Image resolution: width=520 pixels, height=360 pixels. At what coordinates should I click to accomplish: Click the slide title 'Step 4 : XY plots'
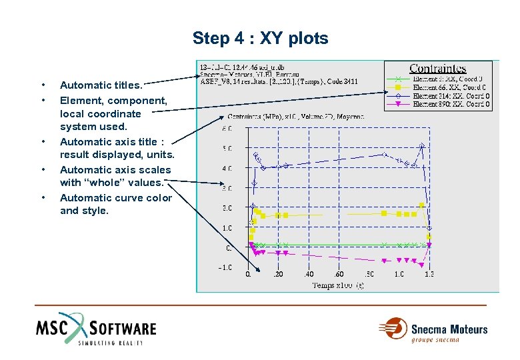(260, 38)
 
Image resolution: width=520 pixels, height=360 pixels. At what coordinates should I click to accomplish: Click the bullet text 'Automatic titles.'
(101, 85)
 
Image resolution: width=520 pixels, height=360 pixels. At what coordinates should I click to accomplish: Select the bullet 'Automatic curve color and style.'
(115, 204)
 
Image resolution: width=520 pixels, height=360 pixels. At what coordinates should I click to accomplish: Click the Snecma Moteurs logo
(433, 329)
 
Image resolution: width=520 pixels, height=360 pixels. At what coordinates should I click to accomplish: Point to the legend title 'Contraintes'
(437, 69)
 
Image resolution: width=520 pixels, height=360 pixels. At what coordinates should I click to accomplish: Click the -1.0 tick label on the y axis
(227, 267)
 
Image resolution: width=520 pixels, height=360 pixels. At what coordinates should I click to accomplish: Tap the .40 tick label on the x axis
(309, 274)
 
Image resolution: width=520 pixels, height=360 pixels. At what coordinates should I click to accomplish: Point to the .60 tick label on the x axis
(339, 274)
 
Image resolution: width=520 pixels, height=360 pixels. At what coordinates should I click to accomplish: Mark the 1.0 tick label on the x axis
(399, 274)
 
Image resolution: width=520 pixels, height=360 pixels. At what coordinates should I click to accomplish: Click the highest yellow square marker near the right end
(423, 207)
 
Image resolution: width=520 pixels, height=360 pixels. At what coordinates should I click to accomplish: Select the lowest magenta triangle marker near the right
(414, 261)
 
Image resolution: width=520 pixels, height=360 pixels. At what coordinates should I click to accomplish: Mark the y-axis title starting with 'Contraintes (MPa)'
(296, 117)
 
